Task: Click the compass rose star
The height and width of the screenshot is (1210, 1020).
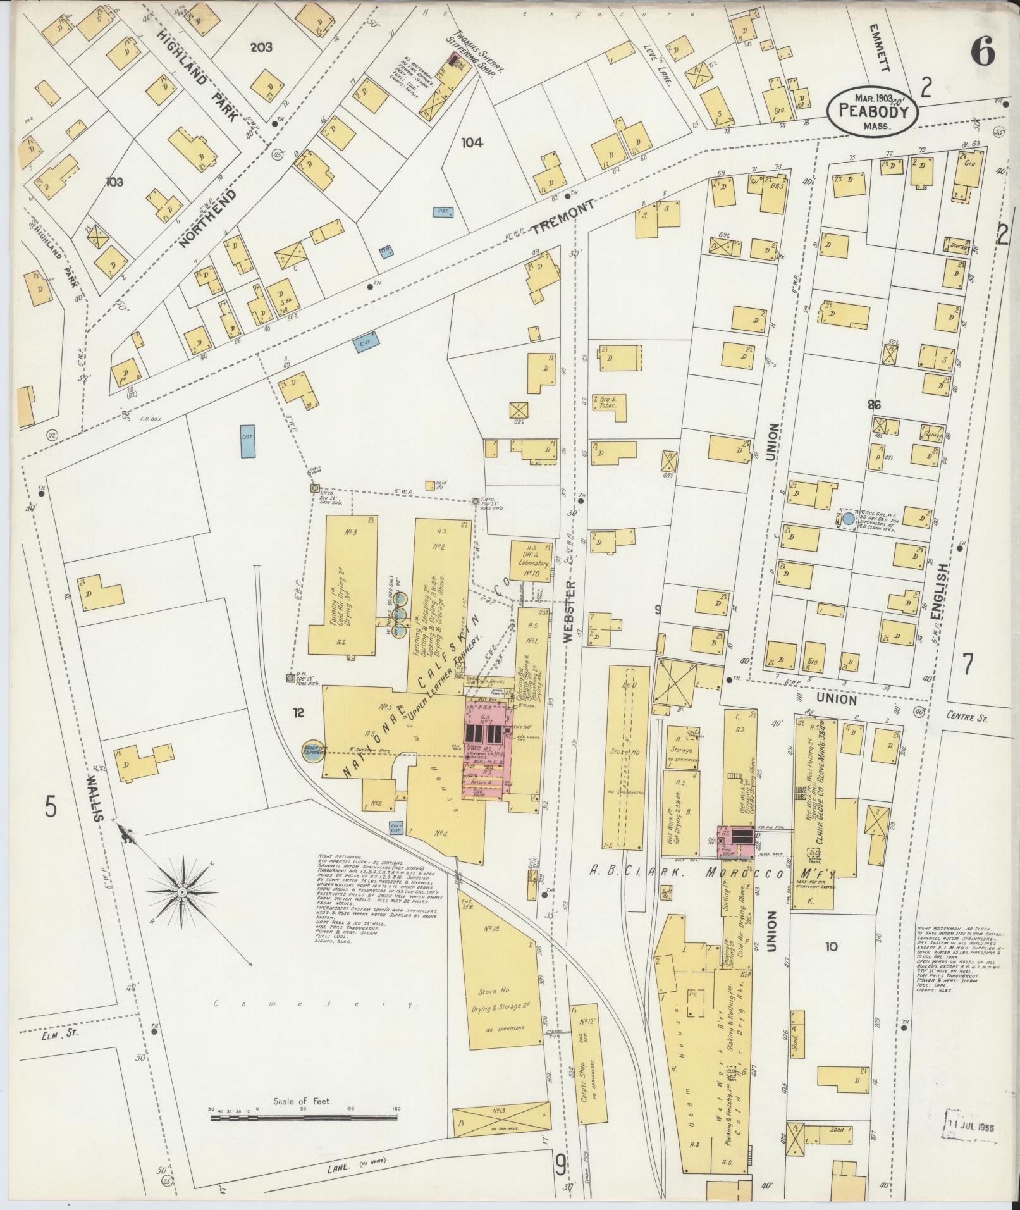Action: tap(182, 891)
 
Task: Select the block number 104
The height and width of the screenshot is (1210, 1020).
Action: tap(472, 143)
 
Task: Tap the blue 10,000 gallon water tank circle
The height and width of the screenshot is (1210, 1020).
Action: tap(847, 519)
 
